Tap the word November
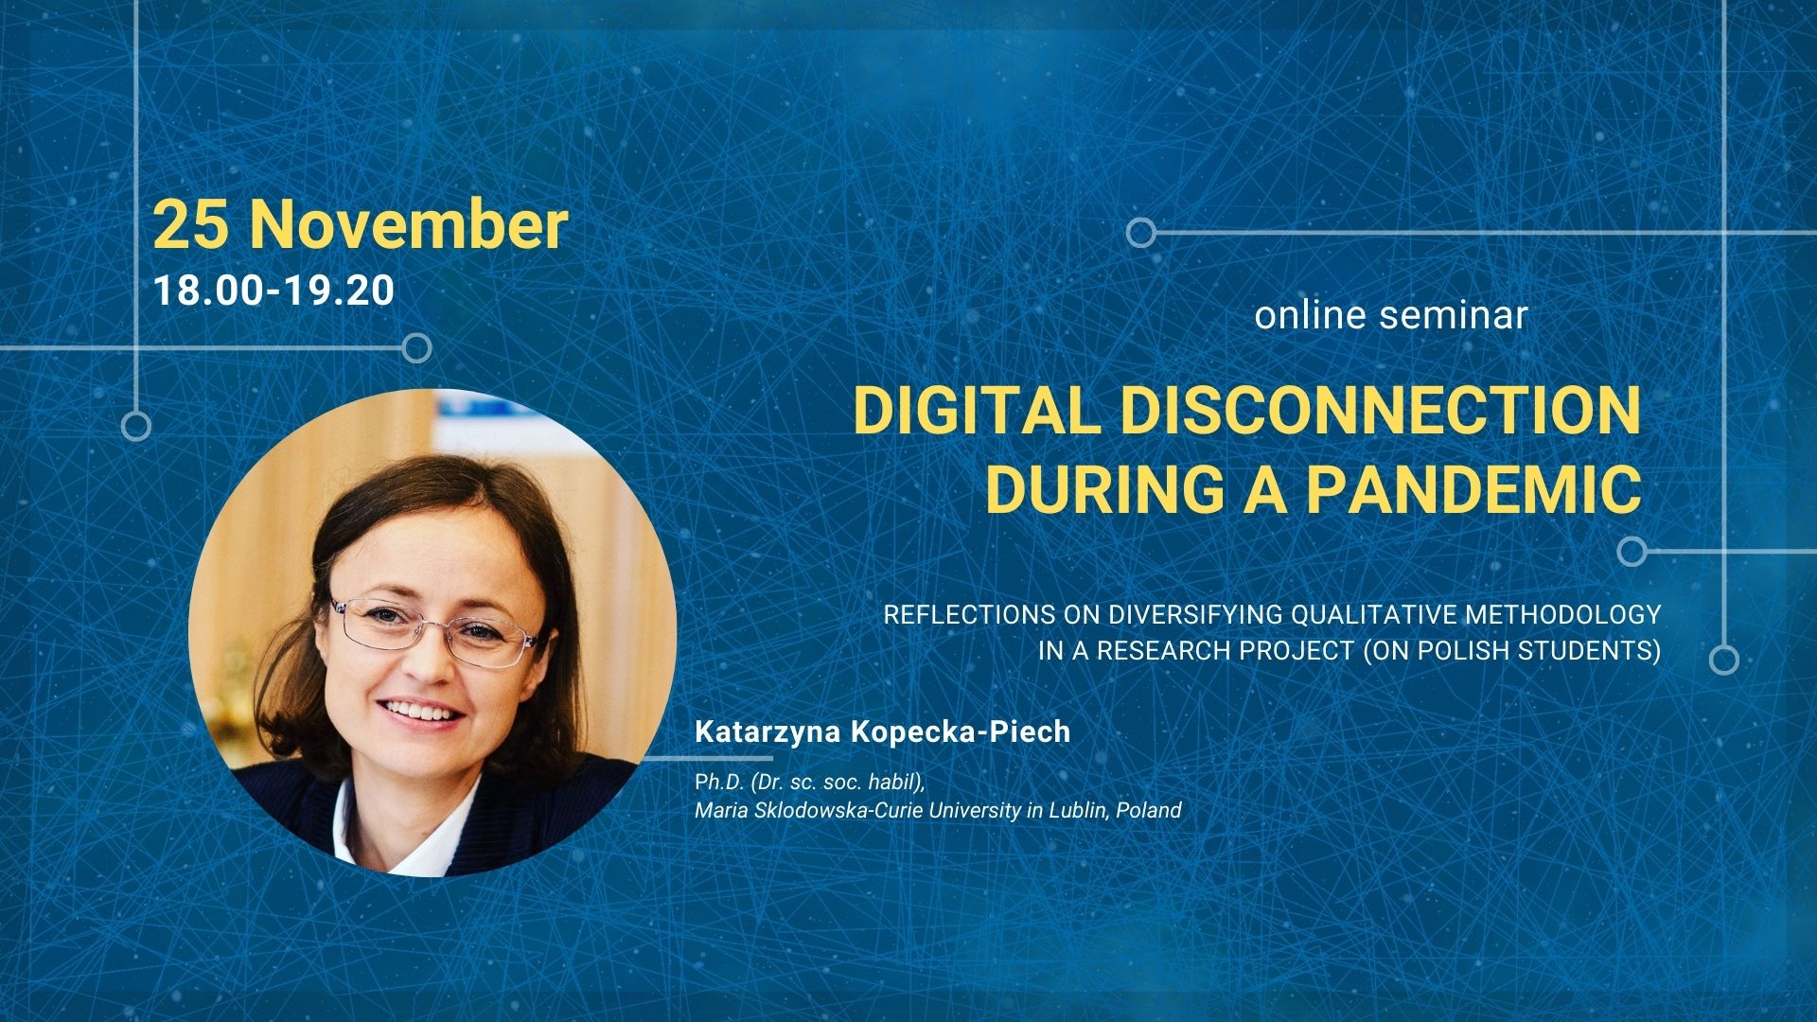409,225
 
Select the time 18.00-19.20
273,291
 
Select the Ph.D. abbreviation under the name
718,783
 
